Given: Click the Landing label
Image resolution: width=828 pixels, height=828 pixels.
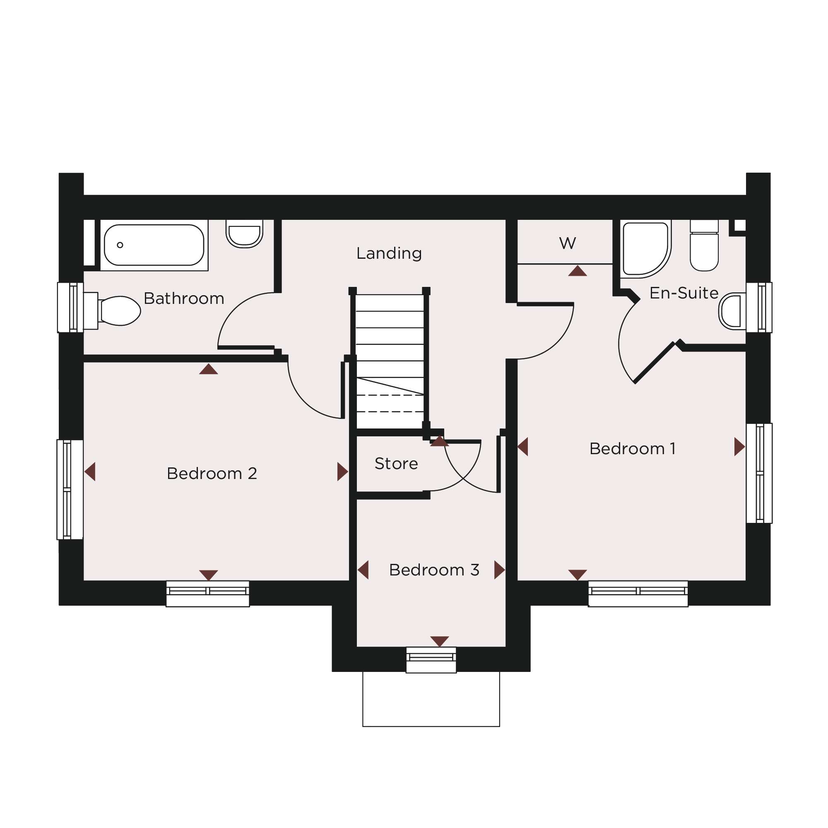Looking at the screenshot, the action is pos(389,254).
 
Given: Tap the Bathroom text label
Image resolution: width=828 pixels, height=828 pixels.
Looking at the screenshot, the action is pos(184,298).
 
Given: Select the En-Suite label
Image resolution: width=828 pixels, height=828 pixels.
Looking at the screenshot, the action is pos(684,293).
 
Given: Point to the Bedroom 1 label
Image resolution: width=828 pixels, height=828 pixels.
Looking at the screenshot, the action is pos(632,449).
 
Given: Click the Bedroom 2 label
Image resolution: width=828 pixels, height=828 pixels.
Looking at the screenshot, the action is pos(212,474).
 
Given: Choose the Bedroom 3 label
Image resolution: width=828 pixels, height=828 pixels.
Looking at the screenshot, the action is pos(434,570).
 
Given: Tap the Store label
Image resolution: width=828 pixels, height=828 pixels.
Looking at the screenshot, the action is pos(396,464).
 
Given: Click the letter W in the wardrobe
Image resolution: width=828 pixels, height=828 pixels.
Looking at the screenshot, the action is pos(568,243).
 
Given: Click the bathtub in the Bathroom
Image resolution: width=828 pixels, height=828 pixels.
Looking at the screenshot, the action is pos(154,245).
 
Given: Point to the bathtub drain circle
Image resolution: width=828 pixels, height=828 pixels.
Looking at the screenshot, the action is pos(120,245).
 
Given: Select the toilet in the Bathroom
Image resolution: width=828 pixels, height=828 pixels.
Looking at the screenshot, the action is pos(112,311).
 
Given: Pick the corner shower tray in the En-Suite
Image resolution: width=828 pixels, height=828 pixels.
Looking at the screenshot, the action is pos(646,249).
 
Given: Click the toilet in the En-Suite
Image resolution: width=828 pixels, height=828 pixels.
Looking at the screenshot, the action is pos(704,246).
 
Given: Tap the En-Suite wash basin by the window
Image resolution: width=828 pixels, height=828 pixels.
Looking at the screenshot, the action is pos(732,312).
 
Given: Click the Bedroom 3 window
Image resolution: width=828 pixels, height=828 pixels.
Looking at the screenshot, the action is pos(431,660).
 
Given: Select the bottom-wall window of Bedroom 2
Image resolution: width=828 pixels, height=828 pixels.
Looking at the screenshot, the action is pos(208,594).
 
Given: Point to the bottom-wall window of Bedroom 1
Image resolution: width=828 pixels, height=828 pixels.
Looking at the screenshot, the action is pos(638,594).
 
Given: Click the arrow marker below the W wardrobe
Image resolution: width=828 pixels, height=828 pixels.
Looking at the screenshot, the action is pos(577,272).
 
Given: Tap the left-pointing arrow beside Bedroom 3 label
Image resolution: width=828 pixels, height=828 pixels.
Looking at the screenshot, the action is pos(364,570).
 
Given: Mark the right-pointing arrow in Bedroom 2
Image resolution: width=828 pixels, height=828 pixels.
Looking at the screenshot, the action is pos(342,472).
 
